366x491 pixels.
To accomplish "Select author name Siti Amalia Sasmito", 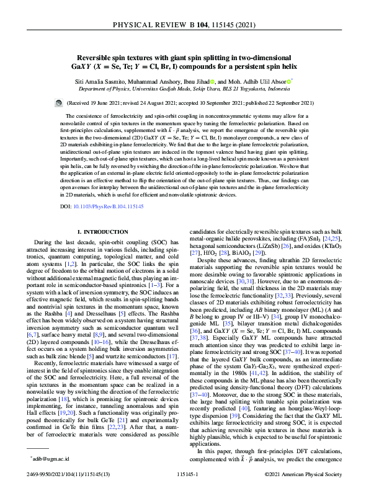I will (100, 81).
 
